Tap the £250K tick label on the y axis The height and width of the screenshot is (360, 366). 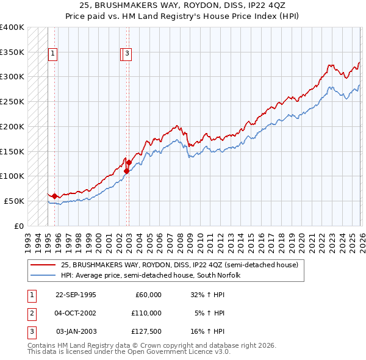click(12, 101)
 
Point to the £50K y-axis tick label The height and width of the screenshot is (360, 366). click(14, 201)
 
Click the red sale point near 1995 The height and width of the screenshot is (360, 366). click(55, 196)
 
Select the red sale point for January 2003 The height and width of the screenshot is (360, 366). click(129, 162)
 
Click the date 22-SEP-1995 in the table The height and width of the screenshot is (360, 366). click(76, 295)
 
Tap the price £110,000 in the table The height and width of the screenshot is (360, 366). click(146, 313)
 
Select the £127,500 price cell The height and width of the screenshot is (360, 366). click(146, 331)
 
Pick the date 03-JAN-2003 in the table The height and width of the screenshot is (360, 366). click(76, 331)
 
